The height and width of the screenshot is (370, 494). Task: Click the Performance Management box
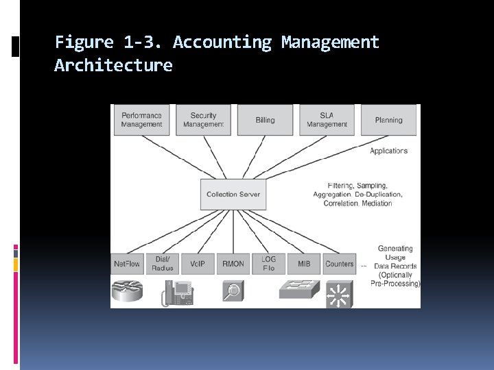click(141, 120)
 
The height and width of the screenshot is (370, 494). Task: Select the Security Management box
click(203, 120)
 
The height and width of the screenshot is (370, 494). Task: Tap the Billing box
click(265, 120)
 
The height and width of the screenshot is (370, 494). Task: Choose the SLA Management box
click(327, 120)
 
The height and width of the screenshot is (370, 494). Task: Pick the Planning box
click(388, 120)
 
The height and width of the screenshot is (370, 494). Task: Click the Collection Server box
click(233, 194)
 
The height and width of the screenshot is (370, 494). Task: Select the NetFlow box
click(127, 264)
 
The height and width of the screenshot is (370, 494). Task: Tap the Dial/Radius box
click(163, 264)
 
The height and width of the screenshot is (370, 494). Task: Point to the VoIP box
click(198, 264)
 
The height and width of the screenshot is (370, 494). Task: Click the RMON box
click(233, 264)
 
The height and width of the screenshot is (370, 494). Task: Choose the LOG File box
click(268, 264)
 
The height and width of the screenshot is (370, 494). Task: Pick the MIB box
click(304, 264)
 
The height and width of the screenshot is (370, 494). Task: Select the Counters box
click(340, 264)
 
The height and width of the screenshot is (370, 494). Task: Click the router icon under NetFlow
click(129, 291)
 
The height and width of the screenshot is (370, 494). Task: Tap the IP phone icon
click(178, 293)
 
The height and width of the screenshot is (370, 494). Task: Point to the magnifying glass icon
click(233, 291)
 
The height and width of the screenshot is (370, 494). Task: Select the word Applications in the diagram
click(388, 151)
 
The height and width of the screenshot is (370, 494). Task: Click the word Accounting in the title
click(222, 42)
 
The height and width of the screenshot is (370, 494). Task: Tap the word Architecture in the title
click(113, 66)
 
